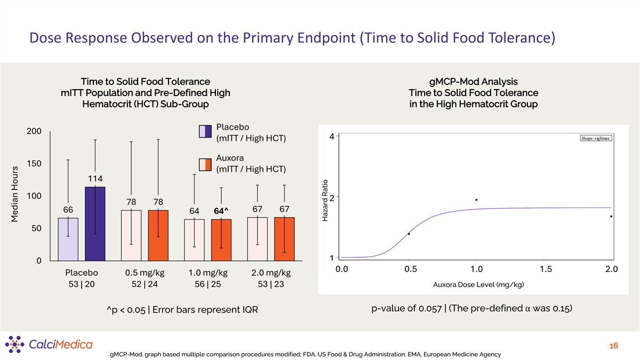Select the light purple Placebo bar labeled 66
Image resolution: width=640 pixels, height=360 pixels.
point(68,239)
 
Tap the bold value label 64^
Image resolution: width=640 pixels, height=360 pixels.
point(221,211)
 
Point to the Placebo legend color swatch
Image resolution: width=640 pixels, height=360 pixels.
point(205,132)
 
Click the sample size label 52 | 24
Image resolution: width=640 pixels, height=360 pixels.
point(145,284)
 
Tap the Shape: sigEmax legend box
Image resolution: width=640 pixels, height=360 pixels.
point(596,139)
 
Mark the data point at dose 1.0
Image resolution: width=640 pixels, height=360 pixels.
point(476,200)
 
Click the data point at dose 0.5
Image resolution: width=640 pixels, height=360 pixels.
point(409,234)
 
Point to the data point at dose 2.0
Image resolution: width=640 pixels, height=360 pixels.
point(611,216)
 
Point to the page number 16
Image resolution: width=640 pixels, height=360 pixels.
point(613,346)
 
